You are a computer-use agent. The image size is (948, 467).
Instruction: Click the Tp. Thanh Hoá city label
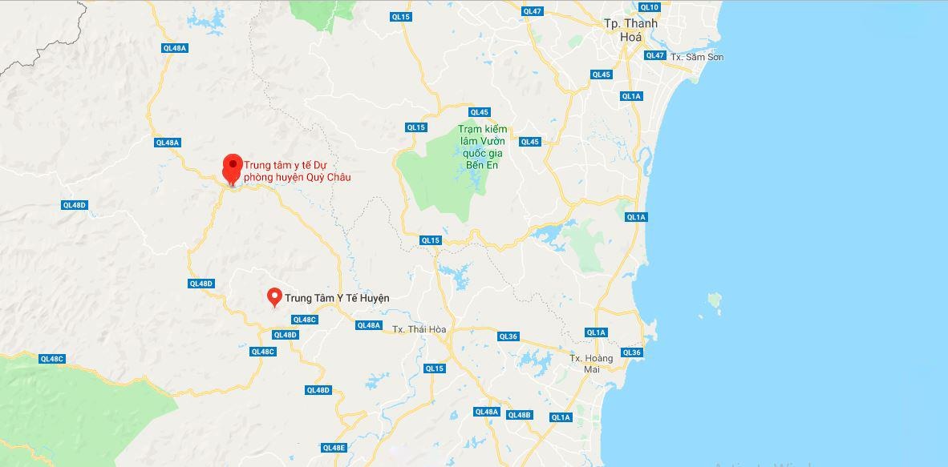pyautogui.click(x=630, y=30)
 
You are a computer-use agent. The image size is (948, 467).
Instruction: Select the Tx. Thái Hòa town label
pyautogui.click(x=419, y=329)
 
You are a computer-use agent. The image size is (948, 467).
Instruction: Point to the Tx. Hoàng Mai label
pyautogui.click(x=591, y=363)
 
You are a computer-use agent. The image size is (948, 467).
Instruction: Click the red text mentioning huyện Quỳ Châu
pyautogui.click(x=297, y=171)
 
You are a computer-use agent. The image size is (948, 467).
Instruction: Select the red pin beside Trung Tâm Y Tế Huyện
pyautogui.click(x=274, y=296)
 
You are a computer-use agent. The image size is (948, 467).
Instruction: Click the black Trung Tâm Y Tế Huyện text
pyautogui.click(x=337, y=298)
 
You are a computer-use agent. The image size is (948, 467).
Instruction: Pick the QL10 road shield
pyautogui.click(x=650, y=7)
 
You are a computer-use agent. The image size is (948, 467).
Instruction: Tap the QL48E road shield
pyautogui.click(x=333, y=448)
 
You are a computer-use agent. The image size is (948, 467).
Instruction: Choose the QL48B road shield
pyautogui.click(x=520, y=414)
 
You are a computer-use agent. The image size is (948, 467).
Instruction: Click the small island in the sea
pyautogui.click(x=714, y=300)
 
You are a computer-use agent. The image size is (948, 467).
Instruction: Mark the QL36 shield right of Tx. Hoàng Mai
pyautogui.click(x=631, y=352)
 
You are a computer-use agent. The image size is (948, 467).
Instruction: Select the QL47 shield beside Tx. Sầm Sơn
pyautogui.click(x=655, y=55)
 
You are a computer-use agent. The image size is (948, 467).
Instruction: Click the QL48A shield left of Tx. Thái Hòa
pyautogui.click(x=368, y=325)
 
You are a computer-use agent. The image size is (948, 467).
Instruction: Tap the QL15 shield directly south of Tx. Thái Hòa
pyautogui.click(x=434, y=368)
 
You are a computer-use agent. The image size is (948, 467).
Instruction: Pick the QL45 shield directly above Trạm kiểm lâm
pyautogui.click(x=480, y=112)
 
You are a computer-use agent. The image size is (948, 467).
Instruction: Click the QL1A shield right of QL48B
pyautogui.click(x=560, y=417)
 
